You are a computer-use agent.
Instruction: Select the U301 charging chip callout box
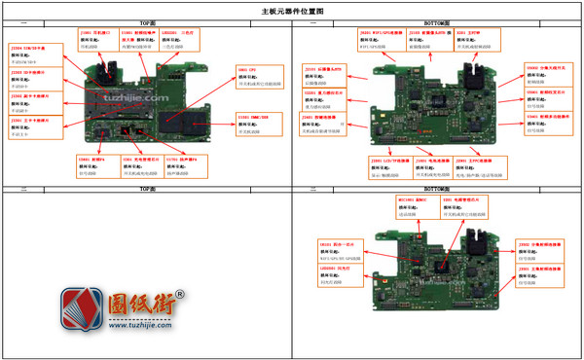point(140,167)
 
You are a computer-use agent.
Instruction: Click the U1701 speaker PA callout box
point(184,167)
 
